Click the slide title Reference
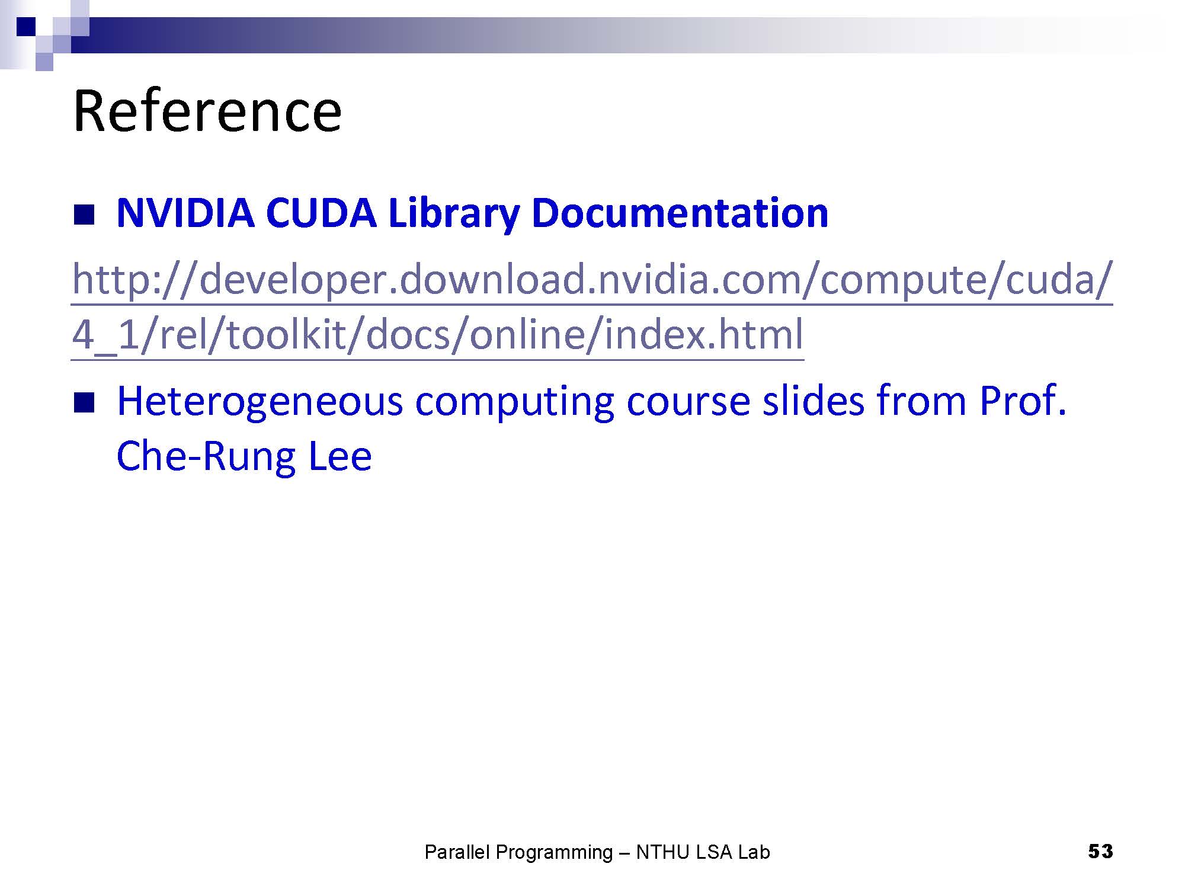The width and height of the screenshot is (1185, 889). coord(207,111)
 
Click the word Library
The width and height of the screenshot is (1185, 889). coord(454,213)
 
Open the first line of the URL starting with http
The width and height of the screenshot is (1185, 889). coord(592,280)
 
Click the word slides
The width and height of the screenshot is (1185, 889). coord(813,401)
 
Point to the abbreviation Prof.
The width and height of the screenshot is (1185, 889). coord(1023,401)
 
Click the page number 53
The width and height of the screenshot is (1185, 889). coord(1100,852)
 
